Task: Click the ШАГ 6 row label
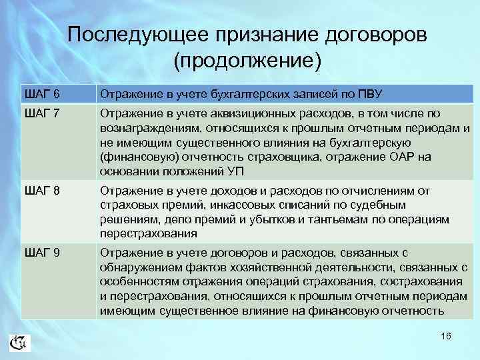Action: [x=39, y=92]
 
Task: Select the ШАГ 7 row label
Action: [x=39, y=113]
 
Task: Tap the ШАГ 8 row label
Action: [x=39, y=191]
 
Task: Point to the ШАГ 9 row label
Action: [x=39, y=253]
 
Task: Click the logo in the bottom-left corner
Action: [x=19, y=343]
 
